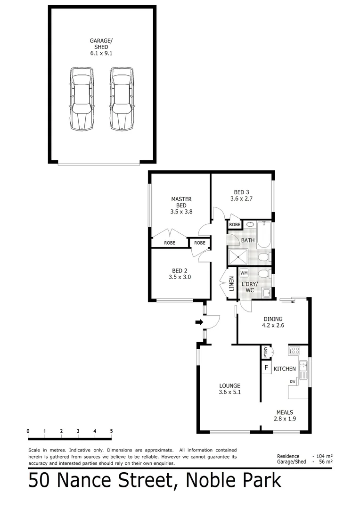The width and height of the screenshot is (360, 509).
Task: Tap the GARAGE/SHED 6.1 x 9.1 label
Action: [101, 47]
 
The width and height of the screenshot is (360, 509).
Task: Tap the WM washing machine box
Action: [244, 273]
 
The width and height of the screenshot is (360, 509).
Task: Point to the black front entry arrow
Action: [199, 322]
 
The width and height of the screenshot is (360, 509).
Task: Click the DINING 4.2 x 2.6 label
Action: [273, 321]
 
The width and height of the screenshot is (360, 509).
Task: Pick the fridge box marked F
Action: [266, 368]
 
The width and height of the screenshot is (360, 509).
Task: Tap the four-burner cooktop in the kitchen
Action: [295, 350]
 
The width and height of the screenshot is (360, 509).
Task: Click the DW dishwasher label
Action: [293, 382]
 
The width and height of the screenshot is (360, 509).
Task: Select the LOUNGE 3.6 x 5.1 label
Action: [229, 389]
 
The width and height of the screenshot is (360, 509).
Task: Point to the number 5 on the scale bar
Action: [111, 431]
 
